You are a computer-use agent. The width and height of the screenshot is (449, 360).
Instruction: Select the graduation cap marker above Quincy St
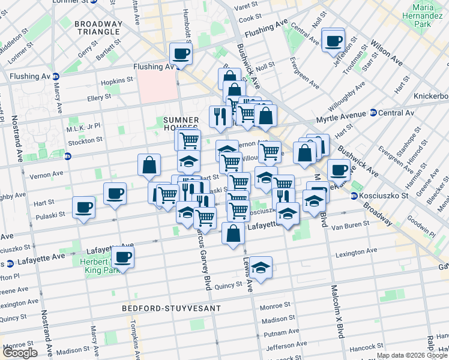261,268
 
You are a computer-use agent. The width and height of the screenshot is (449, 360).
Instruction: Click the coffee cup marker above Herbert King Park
123,257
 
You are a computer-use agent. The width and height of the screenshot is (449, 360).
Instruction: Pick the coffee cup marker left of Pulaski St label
84,208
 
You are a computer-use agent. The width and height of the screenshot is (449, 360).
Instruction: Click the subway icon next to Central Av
373,112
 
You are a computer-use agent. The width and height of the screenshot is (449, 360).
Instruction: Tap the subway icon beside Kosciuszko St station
354,196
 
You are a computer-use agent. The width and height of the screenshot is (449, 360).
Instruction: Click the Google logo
20,353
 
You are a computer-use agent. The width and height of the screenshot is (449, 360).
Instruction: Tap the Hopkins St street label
117,80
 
